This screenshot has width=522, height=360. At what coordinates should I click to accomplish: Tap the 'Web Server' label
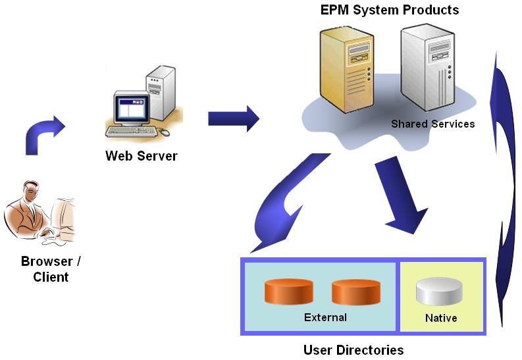(x=141, y=157)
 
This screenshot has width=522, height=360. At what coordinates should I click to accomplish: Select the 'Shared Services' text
(x=432, y=124)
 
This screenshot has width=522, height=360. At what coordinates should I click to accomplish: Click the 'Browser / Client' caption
(x=51, y=269)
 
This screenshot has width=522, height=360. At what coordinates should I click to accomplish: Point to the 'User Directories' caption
(x=353, y=349)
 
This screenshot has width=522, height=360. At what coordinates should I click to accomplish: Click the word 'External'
(x=325, y=317)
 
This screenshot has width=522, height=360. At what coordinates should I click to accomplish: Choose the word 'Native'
(x=441, y=318)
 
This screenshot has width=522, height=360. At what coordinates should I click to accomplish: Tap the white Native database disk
(x=440, y=292)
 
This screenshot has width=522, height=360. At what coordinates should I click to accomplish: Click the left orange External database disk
(x=288, y=292)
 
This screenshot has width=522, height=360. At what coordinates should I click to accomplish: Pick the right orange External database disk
(x=355, y=292)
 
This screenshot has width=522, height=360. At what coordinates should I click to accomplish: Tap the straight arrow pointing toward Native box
(x=402, y=197)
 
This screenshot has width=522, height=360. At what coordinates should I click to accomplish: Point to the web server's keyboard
(x=132, y=130)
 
